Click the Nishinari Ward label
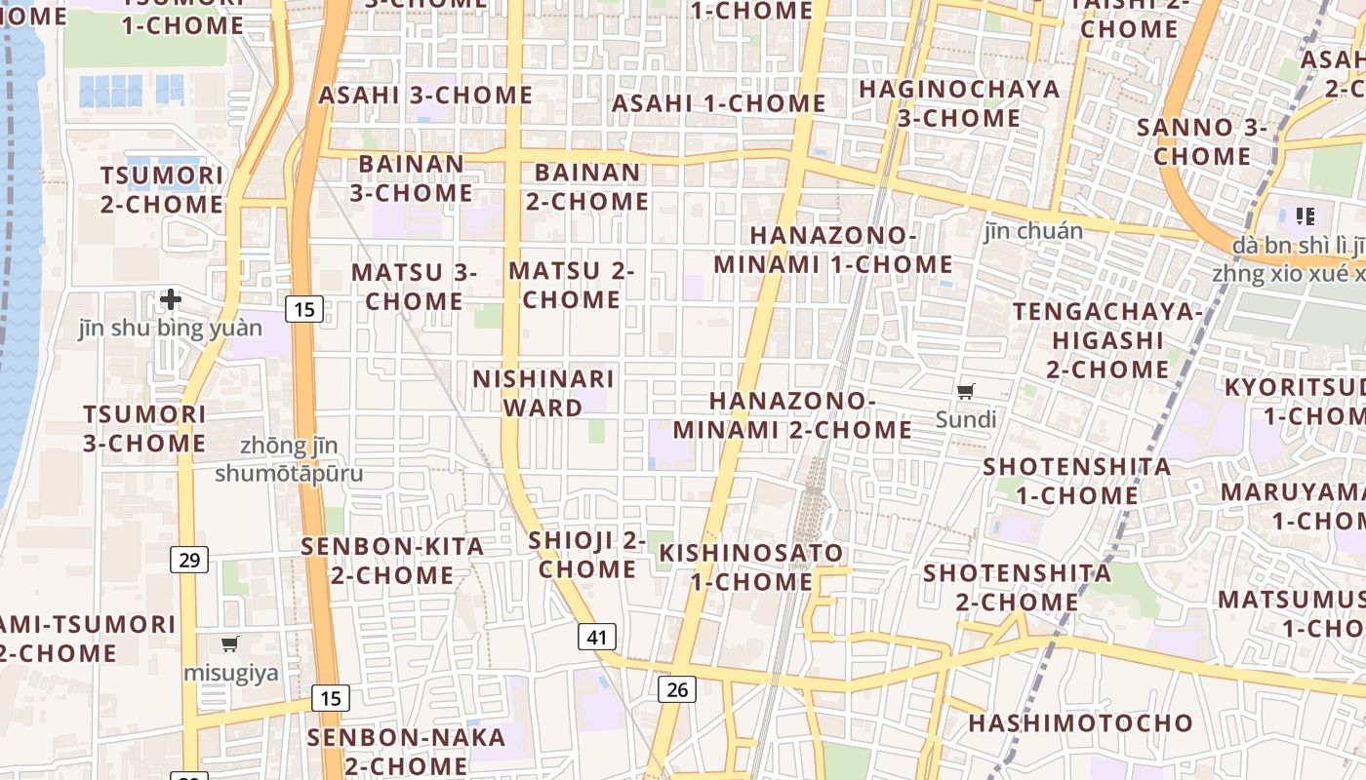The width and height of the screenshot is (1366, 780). [543, 393]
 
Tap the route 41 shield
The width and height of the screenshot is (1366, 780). [597, 638]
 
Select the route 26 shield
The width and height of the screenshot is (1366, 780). [676, 689]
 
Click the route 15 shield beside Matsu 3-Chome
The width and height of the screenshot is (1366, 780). [304, 310]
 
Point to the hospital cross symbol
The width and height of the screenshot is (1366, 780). [171, 298]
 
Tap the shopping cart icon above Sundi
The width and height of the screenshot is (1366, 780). [965, 392]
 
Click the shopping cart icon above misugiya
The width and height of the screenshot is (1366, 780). [230, 643]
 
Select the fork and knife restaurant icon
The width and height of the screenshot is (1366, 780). [1306, 216]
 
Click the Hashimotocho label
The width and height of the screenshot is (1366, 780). [1080, 723]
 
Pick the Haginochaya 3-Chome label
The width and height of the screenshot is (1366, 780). [959, 103]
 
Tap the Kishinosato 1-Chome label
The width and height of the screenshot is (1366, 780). [751, 567]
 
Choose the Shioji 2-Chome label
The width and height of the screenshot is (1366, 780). [587, 555]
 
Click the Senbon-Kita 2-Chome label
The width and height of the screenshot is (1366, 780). [392, 561]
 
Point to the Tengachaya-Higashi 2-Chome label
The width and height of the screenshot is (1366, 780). [1107, 340]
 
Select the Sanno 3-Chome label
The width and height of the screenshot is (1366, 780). [1202, 141]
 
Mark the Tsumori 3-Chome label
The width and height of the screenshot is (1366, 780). [144, 429]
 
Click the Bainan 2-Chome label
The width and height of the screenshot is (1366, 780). [587, 187]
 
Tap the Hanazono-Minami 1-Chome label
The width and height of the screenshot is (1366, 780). [833, 250]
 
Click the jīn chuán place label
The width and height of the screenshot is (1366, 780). [1033, 231]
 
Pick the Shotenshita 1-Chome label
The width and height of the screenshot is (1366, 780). [1077, 481]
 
